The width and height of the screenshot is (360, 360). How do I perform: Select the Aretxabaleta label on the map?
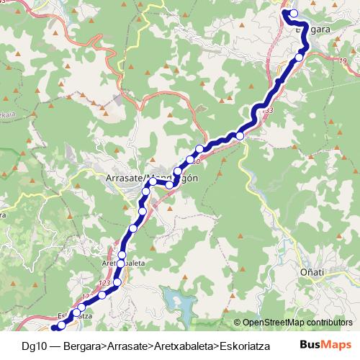pyautogui.click(x=124, y=264)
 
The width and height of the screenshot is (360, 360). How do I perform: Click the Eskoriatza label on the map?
pyautogui.click(x=73, y=315)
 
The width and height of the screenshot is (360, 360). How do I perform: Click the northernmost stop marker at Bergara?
pyautogui.click(x=293, y=13)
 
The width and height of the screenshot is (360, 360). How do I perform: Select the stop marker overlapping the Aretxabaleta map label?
pyautogui.click(x=122, y=264)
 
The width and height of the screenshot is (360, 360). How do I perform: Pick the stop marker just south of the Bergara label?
pyautogui.click(x=300, y=57)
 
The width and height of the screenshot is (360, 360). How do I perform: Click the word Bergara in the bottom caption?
pyautogui.click(x=83, y=346)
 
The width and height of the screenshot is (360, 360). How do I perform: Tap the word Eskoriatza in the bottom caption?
pyautogui.click(x=245, y=346)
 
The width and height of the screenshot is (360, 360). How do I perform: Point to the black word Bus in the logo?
pyautogui.click(x=310, y=345)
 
